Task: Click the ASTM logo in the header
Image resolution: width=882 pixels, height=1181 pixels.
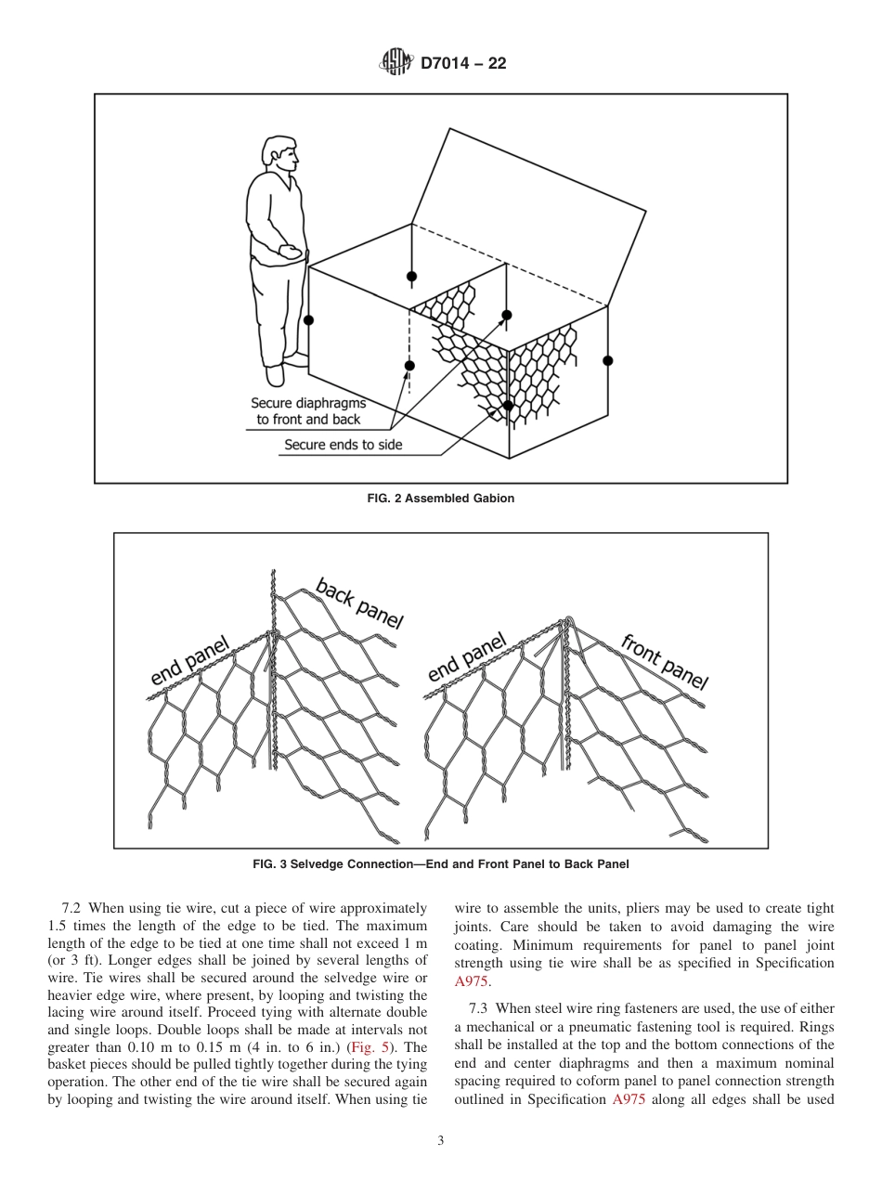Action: coord(396,64)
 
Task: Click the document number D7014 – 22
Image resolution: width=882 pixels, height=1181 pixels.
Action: coord(463,64)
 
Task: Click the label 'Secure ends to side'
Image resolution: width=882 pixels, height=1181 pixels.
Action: coord(343,445)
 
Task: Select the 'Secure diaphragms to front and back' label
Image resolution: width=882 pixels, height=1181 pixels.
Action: coord(308,411)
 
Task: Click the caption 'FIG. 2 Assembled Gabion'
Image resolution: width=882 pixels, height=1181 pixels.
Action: coord(441,499)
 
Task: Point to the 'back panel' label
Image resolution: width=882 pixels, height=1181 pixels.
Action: coord(358,603)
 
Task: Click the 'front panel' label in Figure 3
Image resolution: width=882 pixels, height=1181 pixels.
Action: coord(663,661)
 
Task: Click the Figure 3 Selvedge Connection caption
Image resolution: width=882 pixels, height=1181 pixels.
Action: coord(441,864)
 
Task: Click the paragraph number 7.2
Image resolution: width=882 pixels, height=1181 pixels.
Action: coord(73,908)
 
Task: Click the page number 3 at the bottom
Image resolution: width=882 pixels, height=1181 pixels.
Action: coord(441,1141)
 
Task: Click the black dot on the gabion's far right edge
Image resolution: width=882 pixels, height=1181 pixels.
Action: coord(608,360)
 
